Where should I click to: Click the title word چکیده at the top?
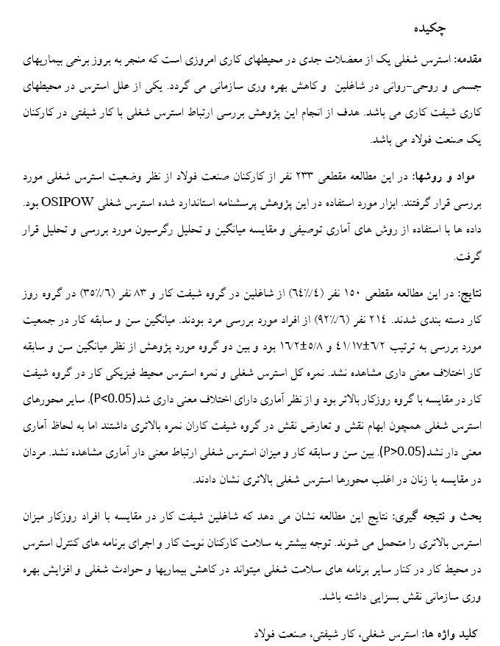(430, 27)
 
